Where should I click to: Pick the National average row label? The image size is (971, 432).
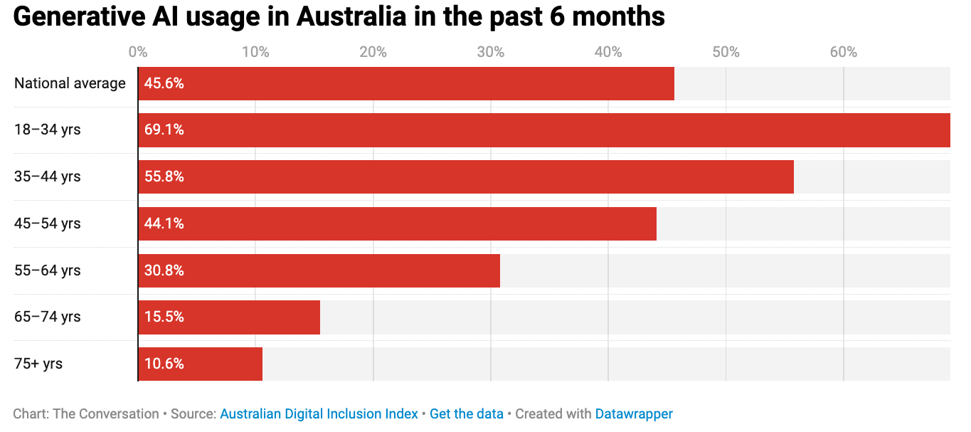click(70, 83)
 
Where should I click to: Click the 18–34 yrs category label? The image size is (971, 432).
click(47, 130)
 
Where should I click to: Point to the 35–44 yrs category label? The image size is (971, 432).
click(47, 177)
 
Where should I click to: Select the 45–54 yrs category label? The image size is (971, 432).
click(47, 223)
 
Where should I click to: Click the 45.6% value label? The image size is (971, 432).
click(164, 83)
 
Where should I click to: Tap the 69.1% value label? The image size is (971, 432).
click(164, 130)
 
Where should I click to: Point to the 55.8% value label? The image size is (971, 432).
click(164, 177)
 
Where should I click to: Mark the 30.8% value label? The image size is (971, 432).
click(164, 270)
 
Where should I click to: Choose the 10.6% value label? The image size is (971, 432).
click(164, 364)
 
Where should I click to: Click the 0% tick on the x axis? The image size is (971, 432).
click(138, 52)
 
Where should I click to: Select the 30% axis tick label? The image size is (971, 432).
click(491, 52)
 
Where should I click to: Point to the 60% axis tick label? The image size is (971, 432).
click(843, 52)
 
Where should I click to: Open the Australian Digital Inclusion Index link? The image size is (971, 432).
click(319, 413)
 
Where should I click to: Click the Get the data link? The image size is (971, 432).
click(467, 413)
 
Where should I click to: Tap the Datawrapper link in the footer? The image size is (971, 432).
click(634, 413)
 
